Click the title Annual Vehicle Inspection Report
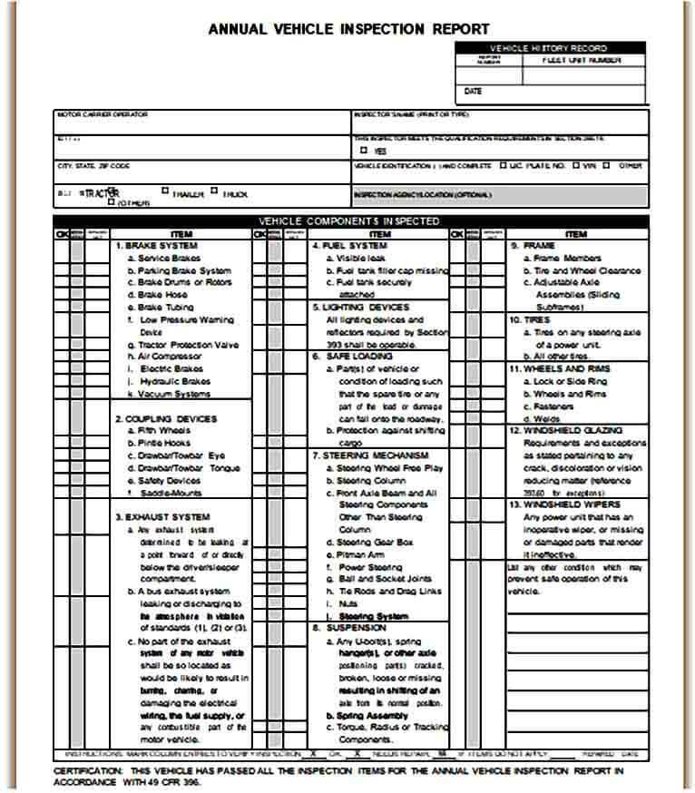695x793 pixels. coord(348,29)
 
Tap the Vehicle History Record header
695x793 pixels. coord(549,48)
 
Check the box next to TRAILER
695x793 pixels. coord(165,191)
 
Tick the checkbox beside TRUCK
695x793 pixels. coord(214,191)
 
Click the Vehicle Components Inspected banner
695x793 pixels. coord(349,221)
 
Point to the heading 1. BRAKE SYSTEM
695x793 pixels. coord(155,246)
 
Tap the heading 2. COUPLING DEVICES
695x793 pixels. coord(165,418)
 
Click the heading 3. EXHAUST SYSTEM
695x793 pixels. coord(162,517)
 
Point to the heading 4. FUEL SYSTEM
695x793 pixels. coord(349,246)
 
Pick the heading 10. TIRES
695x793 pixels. coord(531,319)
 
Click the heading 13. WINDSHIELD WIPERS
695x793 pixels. coord(564,504)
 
